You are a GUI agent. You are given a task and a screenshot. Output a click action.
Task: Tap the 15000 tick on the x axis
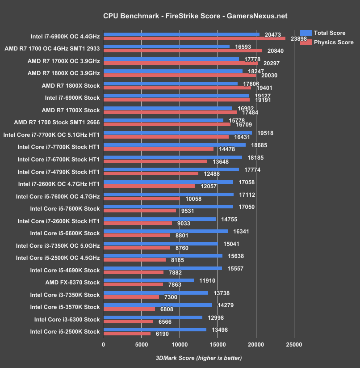point(218,344)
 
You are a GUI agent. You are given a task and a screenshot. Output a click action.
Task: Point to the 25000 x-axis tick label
point(293,344)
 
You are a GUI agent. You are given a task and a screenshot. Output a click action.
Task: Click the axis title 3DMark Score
point(198,358)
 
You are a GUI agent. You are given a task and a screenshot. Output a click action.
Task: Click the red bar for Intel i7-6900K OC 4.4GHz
point(194,38)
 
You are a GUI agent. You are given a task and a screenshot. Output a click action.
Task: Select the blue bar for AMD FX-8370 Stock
point(149,280)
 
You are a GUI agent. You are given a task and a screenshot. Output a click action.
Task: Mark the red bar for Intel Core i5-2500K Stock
point(127,334)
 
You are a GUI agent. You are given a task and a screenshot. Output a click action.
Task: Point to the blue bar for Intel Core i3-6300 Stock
point(153,317)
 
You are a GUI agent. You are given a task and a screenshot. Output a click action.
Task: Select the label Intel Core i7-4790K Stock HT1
point(58,171)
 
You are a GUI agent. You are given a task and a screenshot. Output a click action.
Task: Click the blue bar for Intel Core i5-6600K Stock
point(166,231)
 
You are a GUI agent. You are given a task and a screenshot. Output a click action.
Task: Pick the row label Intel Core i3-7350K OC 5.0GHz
point(58,245)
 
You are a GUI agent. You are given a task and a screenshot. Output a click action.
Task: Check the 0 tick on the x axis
point(104,344)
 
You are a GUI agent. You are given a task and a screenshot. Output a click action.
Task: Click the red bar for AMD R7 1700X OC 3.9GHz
point(180,63)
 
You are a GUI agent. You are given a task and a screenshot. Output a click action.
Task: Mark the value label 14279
point(226,305)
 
